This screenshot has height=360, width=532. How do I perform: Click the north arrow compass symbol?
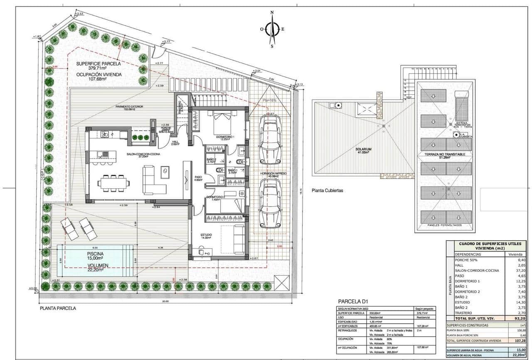pyautogui.click(x=272, y=29)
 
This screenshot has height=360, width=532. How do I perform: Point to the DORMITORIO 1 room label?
pyautogui.click(x=225, y=137)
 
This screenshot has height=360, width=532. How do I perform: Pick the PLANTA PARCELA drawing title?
pyautogui.click(x=58, y=308)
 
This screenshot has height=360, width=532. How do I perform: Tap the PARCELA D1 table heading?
pyautogui.click(x=353, y=301)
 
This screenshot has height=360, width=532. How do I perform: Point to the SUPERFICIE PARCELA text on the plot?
pyautogui.click(x=99, y=64)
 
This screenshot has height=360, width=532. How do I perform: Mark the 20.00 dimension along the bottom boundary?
pyautogui.click(x=165, y=301)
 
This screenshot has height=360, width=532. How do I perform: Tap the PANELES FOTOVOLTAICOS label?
pyautogui.click(x=445, y=226)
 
